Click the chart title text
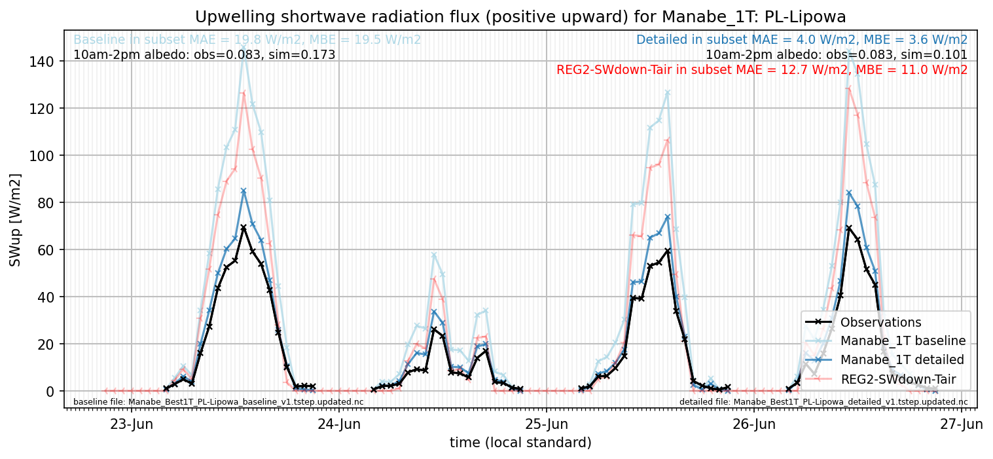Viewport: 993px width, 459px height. (x=520, y=17)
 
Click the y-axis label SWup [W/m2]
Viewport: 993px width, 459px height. (x=15, y=220)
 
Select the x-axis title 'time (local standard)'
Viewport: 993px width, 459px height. (x=520, y=443)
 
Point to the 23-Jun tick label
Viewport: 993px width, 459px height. (x=132, y=424)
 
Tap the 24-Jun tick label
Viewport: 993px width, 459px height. (x=339, y=424)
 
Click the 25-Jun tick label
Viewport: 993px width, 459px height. (x=547, y=424)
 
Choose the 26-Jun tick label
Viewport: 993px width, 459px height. (x=754, y=424)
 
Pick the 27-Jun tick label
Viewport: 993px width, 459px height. (x=962, y=424)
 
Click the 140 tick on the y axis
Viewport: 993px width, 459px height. (x=42, y=61)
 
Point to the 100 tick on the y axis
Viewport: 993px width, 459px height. (x=42, y=156)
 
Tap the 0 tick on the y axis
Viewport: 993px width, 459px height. (x=50, y=392)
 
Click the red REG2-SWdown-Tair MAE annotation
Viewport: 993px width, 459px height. (x=762, y=70)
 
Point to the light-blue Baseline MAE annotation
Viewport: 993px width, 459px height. (x=247, y=40)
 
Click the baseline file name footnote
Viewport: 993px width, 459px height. (x=218, y=402)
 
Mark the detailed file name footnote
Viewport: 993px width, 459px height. (x=823, y=402)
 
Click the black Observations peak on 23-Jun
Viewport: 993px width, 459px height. (x=244, y=227)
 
